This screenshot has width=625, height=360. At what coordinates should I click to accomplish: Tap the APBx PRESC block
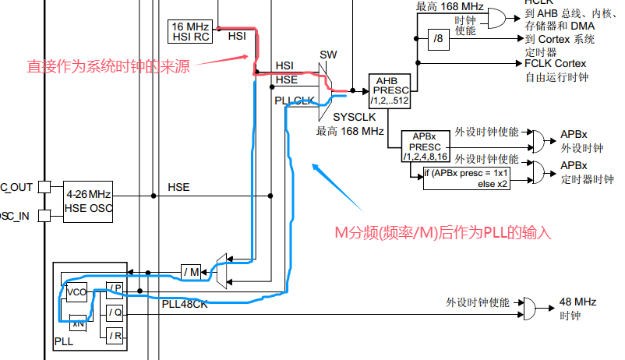coord(425,146)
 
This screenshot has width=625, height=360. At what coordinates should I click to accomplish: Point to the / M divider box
coord(192,271)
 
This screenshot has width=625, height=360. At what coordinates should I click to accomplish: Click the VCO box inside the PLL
coord(77,292)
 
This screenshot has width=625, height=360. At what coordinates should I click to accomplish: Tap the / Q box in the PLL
coord(115,312)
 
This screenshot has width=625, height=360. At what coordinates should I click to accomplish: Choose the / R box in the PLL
coord(115,336)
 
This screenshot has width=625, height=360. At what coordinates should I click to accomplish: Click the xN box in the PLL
coord(77,323)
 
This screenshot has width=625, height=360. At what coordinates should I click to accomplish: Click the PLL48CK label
coord(184,305)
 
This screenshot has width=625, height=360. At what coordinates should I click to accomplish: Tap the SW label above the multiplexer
coord(328,55)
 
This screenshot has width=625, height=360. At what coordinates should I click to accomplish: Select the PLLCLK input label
coord(295,100)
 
